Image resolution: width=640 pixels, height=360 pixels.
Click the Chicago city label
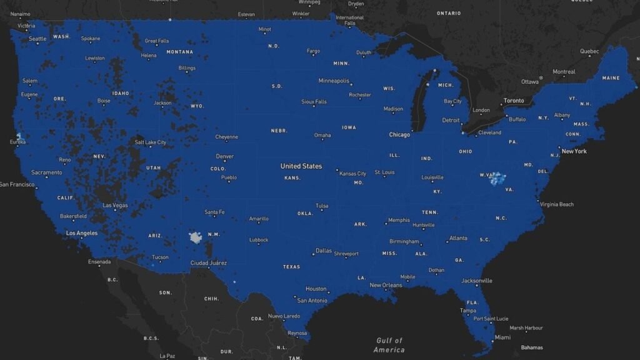399,134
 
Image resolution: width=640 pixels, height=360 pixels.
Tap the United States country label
301,166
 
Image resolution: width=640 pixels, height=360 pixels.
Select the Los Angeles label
82,233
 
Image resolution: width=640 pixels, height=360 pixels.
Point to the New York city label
574,151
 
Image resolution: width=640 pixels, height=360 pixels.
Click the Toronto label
514,101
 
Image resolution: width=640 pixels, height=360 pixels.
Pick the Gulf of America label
389,345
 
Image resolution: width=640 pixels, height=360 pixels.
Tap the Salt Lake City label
151,142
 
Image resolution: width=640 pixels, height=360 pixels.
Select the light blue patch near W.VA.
498,180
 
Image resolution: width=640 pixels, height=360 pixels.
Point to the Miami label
502,337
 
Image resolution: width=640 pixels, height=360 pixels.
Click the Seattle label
37,39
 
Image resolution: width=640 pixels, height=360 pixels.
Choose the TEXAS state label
291,266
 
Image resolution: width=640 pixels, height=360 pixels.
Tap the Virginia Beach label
556,204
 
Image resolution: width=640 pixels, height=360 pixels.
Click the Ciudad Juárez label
209,262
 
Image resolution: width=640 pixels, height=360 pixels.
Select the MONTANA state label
179,52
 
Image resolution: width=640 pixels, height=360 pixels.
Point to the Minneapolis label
334,81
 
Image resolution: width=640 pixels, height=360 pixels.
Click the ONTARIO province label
449,13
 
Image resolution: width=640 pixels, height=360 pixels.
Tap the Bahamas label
532,347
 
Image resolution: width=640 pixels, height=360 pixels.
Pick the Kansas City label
352,174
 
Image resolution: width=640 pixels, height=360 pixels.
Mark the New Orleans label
386,285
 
